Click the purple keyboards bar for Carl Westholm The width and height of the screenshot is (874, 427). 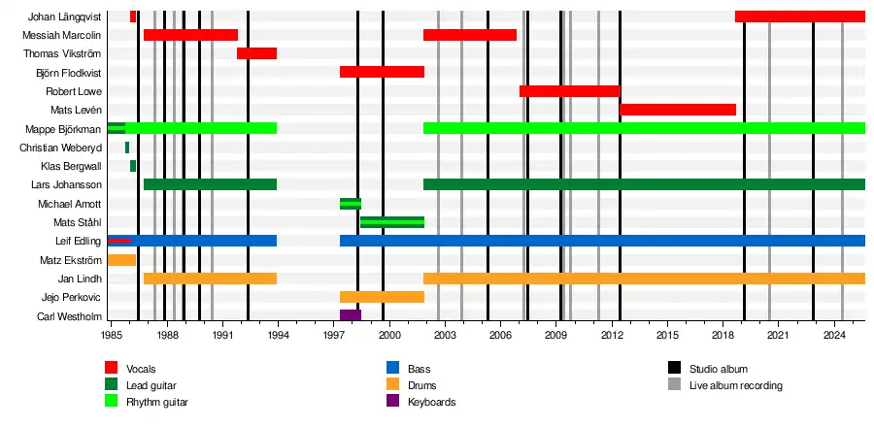pos(351,315)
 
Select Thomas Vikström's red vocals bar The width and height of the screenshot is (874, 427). pos(256,53)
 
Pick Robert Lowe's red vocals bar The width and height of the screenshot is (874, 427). pos(570,91)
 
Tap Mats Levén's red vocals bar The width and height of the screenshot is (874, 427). pos(678,110)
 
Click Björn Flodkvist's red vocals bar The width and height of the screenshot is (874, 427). pos(382,72)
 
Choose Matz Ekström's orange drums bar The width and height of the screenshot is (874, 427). pos(121,259)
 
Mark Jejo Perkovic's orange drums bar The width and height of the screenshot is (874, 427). pos(382,297)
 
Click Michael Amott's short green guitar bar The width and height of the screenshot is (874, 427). pos(351,204)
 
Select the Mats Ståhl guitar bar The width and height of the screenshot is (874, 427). pos(392,222)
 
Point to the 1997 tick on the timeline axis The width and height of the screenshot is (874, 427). pos(333,335)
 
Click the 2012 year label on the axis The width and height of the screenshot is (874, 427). pos(612,335)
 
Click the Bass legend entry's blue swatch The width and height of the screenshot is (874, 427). pos(392,369)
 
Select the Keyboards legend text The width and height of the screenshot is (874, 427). pos(432,402)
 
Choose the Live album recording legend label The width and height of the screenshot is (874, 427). pos(735,385)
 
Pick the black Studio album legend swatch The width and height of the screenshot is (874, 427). pos(674,369)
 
